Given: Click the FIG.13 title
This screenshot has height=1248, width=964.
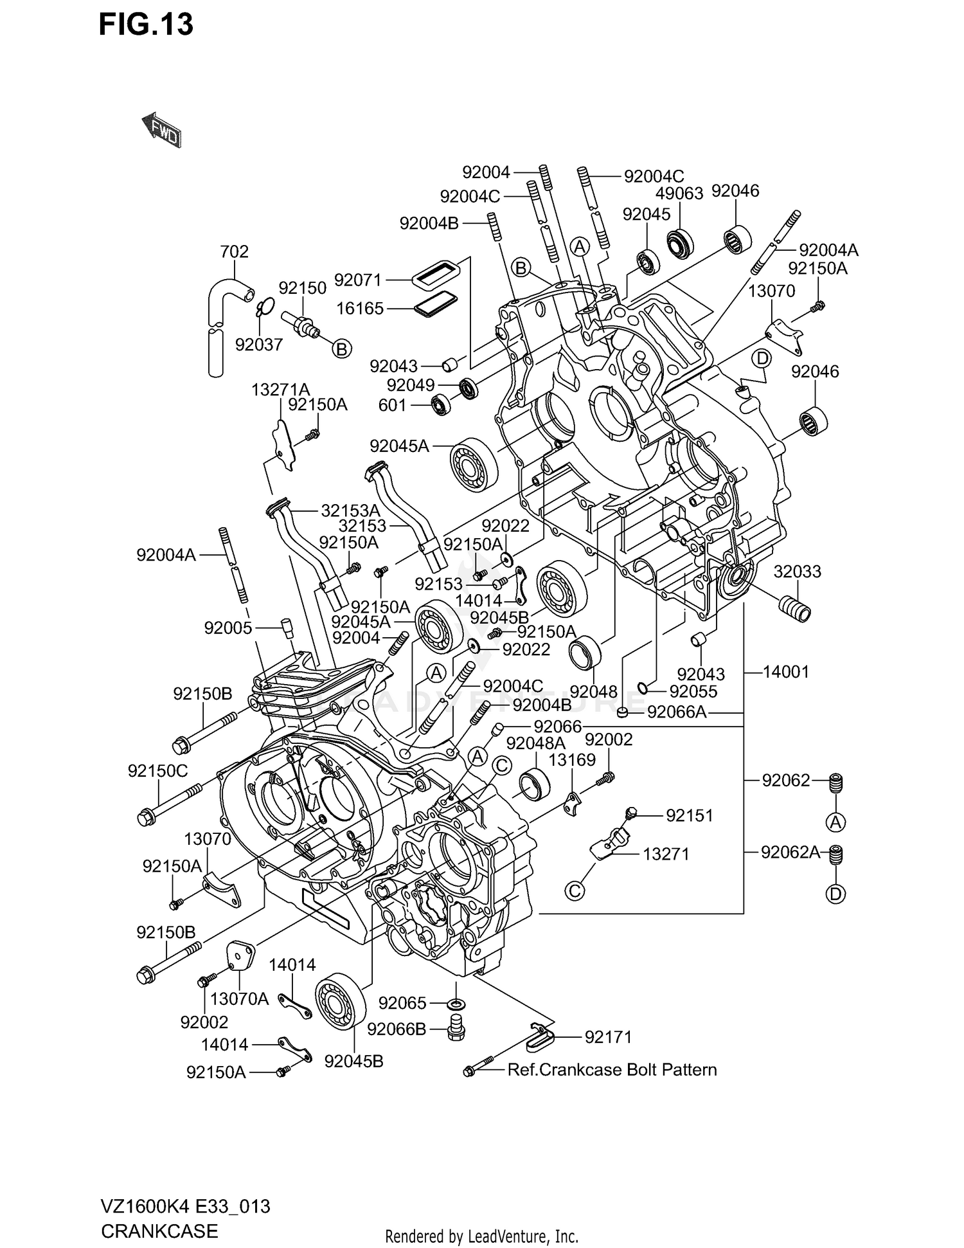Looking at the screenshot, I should pos(146,25).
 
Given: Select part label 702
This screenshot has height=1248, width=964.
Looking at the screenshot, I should pos(234,251).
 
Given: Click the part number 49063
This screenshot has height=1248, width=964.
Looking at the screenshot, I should pos(679,193).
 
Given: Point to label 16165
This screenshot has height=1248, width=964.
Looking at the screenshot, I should pos(360,309).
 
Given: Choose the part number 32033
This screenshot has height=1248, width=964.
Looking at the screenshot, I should pos(797,572).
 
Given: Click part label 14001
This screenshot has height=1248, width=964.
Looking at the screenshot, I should pos(785,672).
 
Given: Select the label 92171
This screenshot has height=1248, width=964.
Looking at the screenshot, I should pos(608,1037).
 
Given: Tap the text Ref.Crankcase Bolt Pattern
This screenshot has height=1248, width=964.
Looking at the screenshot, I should pos(612,1070).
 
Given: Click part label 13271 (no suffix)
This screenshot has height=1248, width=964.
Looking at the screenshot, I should pos(666,854).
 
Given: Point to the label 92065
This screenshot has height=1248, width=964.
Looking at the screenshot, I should pos(402,1003).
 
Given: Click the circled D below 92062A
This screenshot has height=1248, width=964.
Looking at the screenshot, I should pos(835,894).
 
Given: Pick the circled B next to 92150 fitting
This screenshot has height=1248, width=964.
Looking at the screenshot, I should pos(342,349).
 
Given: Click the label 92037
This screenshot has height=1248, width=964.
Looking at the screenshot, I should pos(259,345).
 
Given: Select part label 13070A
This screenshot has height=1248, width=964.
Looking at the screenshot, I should pos(239,999).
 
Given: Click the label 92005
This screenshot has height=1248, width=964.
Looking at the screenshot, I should pos(228,628).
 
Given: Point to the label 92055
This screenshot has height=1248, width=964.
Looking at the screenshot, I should pos(693,691).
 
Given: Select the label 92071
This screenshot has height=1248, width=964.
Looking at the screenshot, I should pos(358,280).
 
